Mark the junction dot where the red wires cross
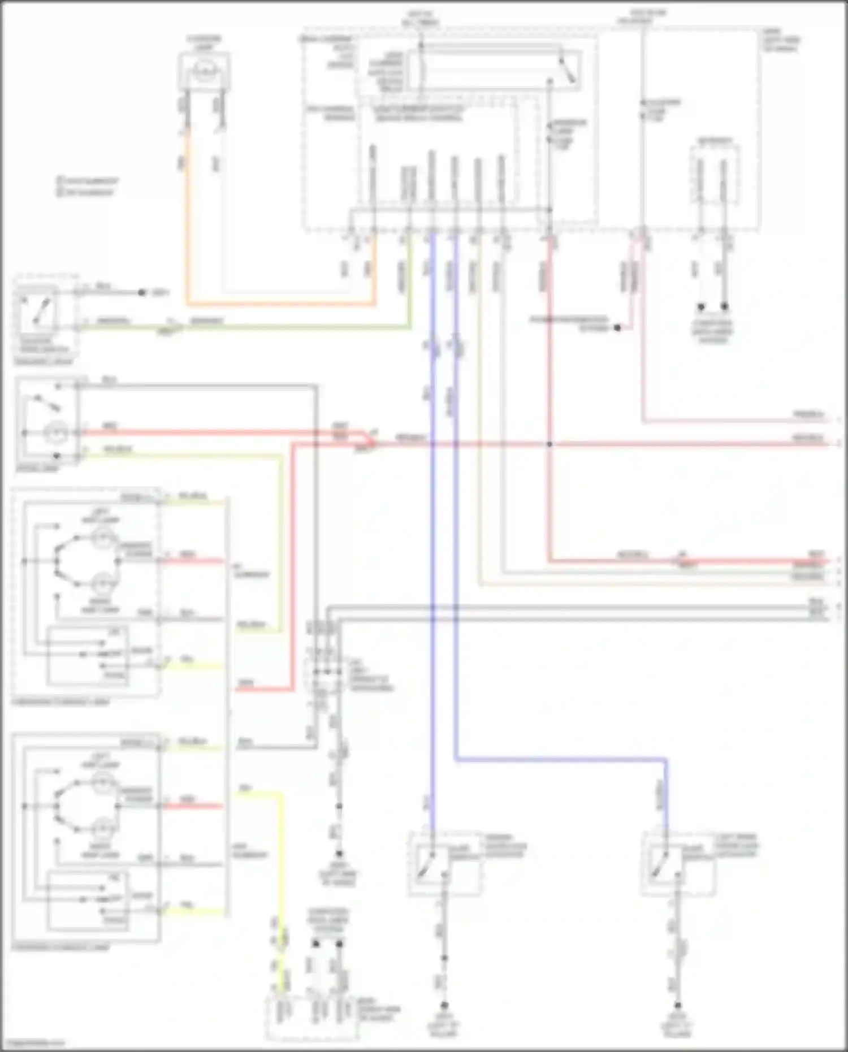point(549,444)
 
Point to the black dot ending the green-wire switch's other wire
point(141,293)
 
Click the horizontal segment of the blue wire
point(560,760)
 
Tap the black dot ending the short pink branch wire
point(617,328)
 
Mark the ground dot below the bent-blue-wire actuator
point(677,1006)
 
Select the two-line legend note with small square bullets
point(88,187)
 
